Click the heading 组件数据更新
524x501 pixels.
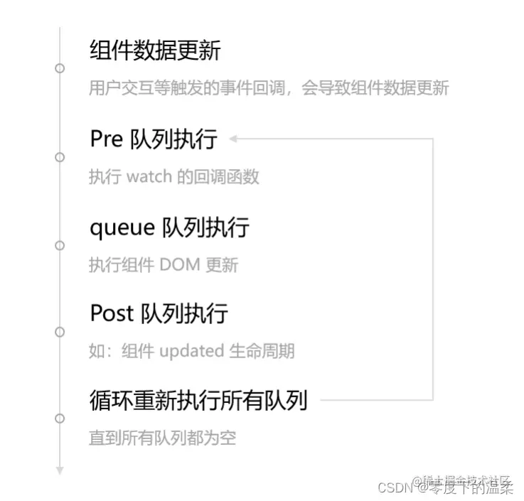pos(155,51)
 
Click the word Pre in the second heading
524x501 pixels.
pos(107,139)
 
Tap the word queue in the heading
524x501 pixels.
pos(122,228)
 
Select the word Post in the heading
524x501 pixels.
pos(112,313)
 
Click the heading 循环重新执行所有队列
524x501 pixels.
pos(198,401)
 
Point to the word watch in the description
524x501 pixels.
pos(149,176)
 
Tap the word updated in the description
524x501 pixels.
pos(191,351)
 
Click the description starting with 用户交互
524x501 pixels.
pos(269,88)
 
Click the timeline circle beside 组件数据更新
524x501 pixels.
pos(60,68)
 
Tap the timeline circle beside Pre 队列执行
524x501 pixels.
pos(60,156)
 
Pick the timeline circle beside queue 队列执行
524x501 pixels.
pos(60,245)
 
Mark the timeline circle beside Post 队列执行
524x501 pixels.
pos(60,331)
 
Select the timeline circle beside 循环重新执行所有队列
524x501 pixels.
pos(60,418)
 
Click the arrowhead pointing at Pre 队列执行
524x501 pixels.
pos(232,139)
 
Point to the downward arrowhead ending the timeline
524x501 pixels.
pos(60,470)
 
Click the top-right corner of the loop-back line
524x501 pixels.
pos(432,139)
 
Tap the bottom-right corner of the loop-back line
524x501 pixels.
pos(432,400)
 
